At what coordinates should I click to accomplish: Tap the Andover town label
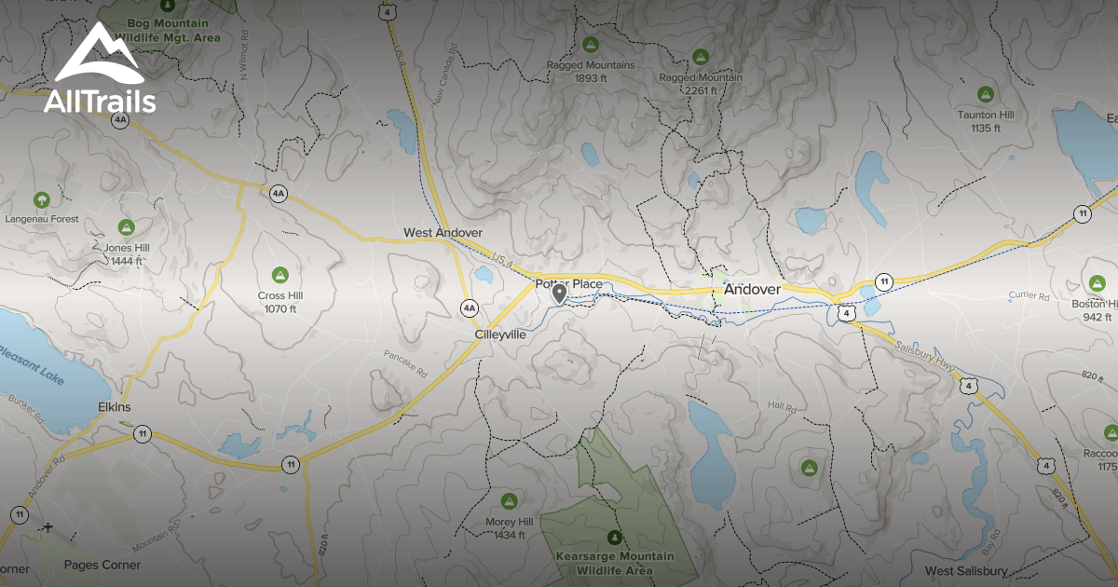pos(752,291)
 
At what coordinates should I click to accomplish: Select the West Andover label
pos(443,232)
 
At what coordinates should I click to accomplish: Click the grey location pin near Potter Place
pos(559,294)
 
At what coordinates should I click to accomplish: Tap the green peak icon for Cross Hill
pos(278,274)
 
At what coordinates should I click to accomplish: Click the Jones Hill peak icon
pos(126,226)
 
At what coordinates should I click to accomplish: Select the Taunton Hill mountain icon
pos(985,94)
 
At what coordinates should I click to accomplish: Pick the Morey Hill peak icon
pos(508,500)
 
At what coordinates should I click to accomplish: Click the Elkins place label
pos(115,407)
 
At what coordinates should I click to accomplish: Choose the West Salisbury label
pos(966,570)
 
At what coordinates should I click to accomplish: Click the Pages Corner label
pos(102,565)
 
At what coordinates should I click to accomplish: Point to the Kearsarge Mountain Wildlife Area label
pos(614,563)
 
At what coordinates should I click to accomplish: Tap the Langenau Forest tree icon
pos(41,199)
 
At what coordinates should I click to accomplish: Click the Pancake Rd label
pos(405,363)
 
